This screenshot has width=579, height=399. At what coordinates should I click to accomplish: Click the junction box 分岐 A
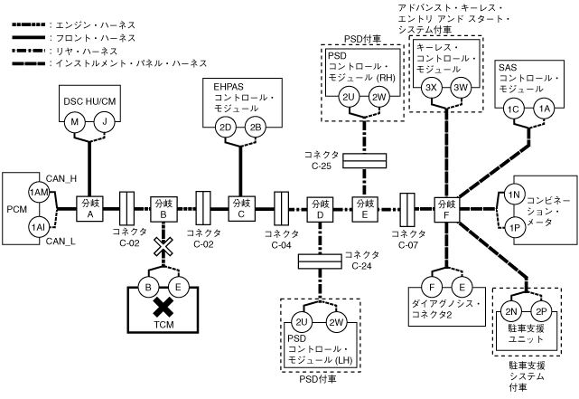89,209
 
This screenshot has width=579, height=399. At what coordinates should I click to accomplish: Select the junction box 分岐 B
163,209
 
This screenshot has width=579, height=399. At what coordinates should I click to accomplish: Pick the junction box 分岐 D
320,209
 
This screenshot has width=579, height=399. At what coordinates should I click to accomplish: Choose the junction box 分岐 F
446,209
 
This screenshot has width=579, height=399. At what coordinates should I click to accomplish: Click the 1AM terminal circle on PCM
38,193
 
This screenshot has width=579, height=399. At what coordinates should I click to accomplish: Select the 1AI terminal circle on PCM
38,226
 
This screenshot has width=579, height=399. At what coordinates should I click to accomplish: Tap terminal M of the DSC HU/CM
77,121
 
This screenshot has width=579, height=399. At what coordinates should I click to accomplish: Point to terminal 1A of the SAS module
543,109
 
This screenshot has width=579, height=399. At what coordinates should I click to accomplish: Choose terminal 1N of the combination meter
512,195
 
